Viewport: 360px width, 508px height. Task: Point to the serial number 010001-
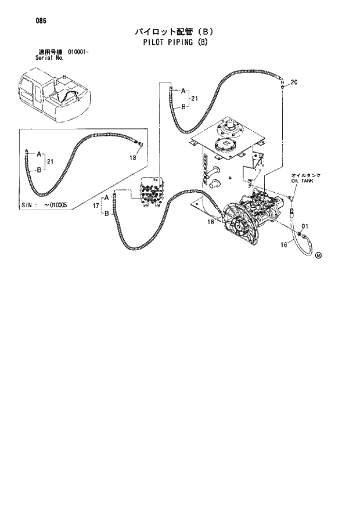pos(77,53)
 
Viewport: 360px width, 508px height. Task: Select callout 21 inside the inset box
pos(51,161)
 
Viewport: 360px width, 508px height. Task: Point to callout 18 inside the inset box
pos(132,157)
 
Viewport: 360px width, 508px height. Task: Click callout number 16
pos(284,245)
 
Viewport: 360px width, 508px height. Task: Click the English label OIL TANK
pos(301,181)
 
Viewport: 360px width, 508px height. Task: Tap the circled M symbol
pos(319,254)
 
